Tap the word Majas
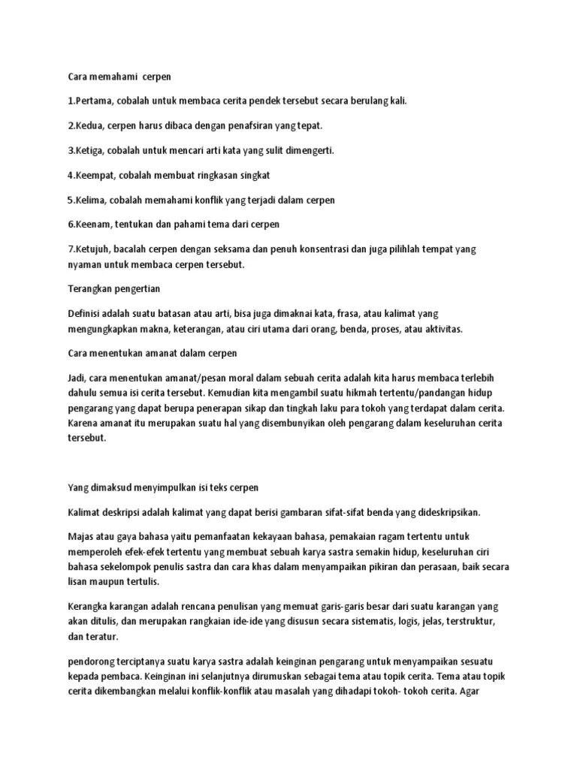coord(80,537)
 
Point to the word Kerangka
coord(88,606)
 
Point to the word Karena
coord(83,424)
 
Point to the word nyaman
coord(86,264)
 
